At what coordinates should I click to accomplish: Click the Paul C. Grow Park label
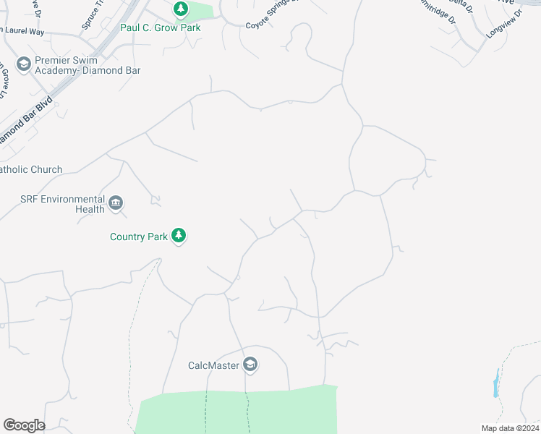[160, 27]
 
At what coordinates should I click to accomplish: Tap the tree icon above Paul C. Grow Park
[181, 10]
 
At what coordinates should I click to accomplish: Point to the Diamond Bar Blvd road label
[26, 118]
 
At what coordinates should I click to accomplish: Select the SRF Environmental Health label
[61, 204]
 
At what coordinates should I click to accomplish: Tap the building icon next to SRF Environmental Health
[116, 202]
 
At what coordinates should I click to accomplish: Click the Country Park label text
[139, 237]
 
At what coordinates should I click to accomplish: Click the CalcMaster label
[213, 365]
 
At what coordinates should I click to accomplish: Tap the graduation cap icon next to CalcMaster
[250, 365]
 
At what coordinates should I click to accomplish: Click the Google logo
[24, 425]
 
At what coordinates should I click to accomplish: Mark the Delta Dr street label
[459, 7]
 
